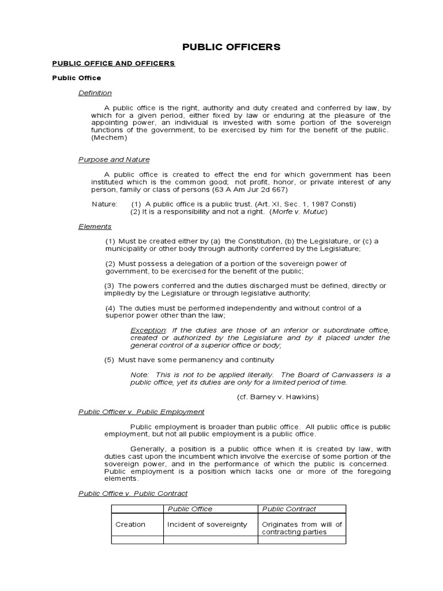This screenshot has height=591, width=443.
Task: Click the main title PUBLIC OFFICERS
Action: [231, 47]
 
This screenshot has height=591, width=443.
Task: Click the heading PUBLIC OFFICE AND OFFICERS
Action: [114, 63]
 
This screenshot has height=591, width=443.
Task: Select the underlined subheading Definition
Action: [95, 93]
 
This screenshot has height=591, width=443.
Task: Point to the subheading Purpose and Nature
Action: [114, 160]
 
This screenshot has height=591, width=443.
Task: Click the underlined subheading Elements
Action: [95, 227]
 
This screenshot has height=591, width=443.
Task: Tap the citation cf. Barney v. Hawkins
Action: [278, 397]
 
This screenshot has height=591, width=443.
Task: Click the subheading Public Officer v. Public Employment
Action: [141, 412]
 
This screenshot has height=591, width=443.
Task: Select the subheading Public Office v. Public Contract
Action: [133, 493]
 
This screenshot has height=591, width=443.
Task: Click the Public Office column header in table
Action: [190, 509]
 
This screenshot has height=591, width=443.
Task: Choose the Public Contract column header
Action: [289, 509]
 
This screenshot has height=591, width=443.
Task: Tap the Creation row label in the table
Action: [130, 525]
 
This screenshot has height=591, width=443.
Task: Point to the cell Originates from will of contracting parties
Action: [302, 528]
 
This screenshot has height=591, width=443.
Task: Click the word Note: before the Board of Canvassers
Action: [140, 375]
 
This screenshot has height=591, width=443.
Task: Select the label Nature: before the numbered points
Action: [104, 204]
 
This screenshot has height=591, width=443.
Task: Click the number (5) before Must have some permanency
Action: [110, 360]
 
